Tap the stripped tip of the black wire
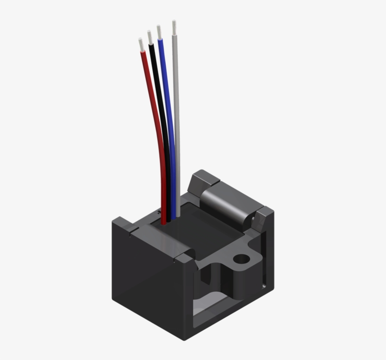pos(150,37)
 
